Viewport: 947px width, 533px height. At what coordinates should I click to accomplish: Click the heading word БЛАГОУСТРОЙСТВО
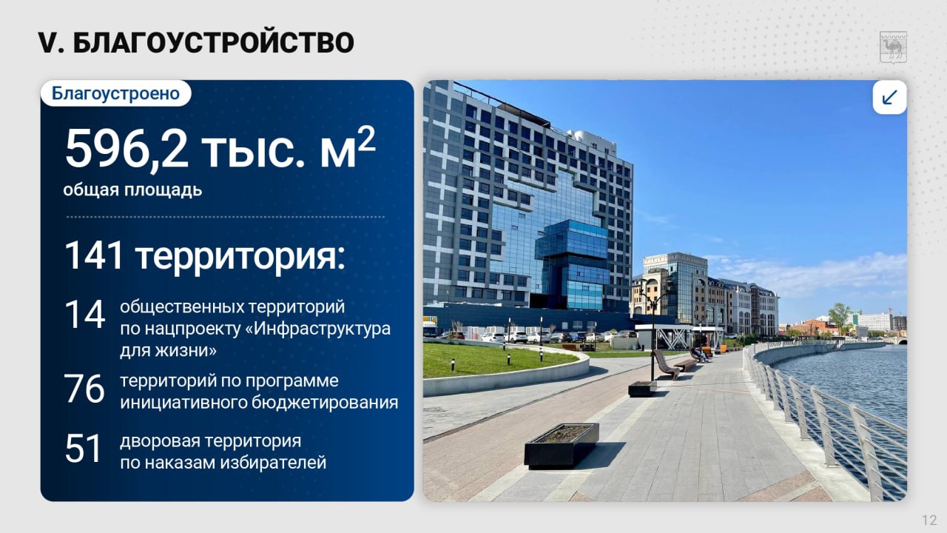213,42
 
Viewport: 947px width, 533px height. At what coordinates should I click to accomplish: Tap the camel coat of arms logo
893,47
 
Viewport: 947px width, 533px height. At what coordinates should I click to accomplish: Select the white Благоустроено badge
116,93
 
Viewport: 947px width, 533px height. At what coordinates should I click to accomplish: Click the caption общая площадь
132,190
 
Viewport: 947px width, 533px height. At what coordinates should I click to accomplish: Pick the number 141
94,255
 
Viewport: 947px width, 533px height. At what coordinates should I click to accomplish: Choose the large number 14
84,314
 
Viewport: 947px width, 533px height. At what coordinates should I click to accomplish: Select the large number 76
84,389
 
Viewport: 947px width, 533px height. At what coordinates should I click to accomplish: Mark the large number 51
83,448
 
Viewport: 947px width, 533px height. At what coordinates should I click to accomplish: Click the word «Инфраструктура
318,329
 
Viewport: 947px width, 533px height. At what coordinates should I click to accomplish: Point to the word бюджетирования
325,403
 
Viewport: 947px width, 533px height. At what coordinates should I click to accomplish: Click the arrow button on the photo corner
889,97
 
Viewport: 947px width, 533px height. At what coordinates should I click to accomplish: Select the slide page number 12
930,520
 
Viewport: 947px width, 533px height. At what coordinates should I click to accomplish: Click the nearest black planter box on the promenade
562,446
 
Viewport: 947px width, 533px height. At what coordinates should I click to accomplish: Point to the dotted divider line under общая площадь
226,217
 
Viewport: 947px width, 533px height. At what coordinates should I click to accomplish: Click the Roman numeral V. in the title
51,43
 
